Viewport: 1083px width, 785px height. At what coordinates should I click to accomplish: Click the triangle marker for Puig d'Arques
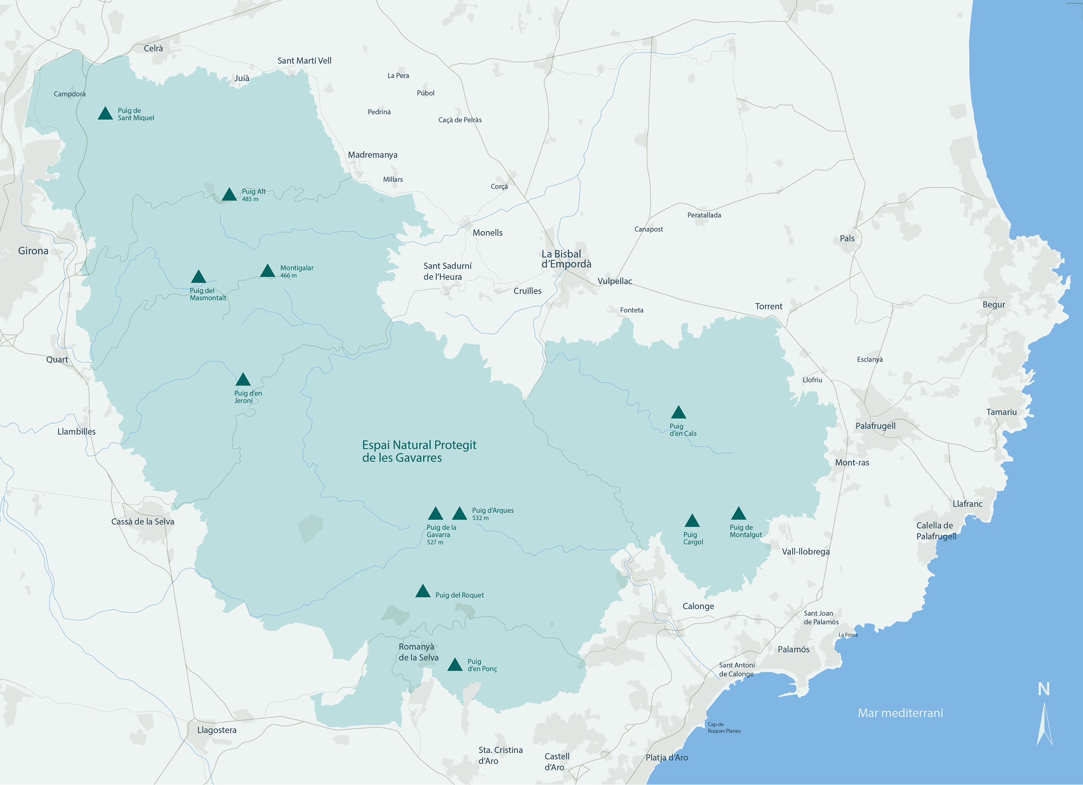click(x=460, y=514)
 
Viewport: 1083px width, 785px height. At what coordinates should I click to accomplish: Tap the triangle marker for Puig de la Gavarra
click(x=435, y=514)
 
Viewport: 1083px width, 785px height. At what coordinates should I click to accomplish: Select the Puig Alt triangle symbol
click(x=229, y=195)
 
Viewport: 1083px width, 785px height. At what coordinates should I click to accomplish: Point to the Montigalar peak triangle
click(x=268, y=271)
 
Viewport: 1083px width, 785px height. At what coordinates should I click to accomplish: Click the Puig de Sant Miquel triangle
click(x=105, y=114)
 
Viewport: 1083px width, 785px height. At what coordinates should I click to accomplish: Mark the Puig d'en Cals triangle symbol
click(x=678, y=413)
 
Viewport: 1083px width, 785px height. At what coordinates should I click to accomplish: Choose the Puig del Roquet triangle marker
click(x=423, y=592)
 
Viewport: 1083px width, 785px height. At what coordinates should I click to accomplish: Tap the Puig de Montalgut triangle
click(x=739, y=514)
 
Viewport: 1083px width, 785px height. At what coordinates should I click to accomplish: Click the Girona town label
click(x=33, y=251)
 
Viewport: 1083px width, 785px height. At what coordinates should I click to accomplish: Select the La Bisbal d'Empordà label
click(x=566, y=259)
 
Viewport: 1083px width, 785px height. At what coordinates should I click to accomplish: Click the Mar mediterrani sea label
click(x=900, y=713)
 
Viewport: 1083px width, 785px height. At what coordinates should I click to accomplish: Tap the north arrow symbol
click(x=1044, y=722)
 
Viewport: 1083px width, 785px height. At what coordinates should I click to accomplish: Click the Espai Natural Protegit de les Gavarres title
click(x=419, y=451)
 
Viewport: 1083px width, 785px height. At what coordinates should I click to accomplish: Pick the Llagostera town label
click(x=217, y=730)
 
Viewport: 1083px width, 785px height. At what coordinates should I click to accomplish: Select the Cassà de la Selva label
click(x=142, y=522)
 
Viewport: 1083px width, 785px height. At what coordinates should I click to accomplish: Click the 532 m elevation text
click(x=480, y=518)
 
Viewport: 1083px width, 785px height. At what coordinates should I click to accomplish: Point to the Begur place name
click(x=993, y=305)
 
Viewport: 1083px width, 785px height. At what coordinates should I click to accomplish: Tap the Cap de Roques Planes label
click(x=724, y=728)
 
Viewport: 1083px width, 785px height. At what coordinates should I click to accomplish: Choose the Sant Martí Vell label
click(x=304, y=61)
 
